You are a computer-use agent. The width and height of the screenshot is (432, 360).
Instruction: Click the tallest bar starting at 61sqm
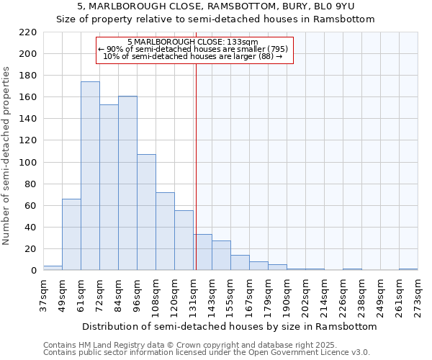coord(90,176)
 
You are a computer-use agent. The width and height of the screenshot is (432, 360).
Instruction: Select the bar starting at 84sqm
coord(127,184)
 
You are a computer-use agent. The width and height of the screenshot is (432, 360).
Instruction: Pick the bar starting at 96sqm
coord(146,212)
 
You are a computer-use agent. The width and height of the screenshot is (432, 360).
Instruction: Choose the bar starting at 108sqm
coord(165,232)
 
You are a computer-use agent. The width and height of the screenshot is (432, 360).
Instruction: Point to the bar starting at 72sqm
coord(109,187)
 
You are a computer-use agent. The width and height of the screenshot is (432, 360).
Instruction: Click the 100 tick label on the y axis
coord(27,163)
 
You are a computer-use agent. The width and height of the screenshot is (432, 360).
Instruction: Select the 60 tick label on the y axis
coord(30,206)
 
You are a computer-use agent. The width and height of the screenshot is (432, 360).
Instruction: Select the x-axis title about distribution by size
coord(230,326)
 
